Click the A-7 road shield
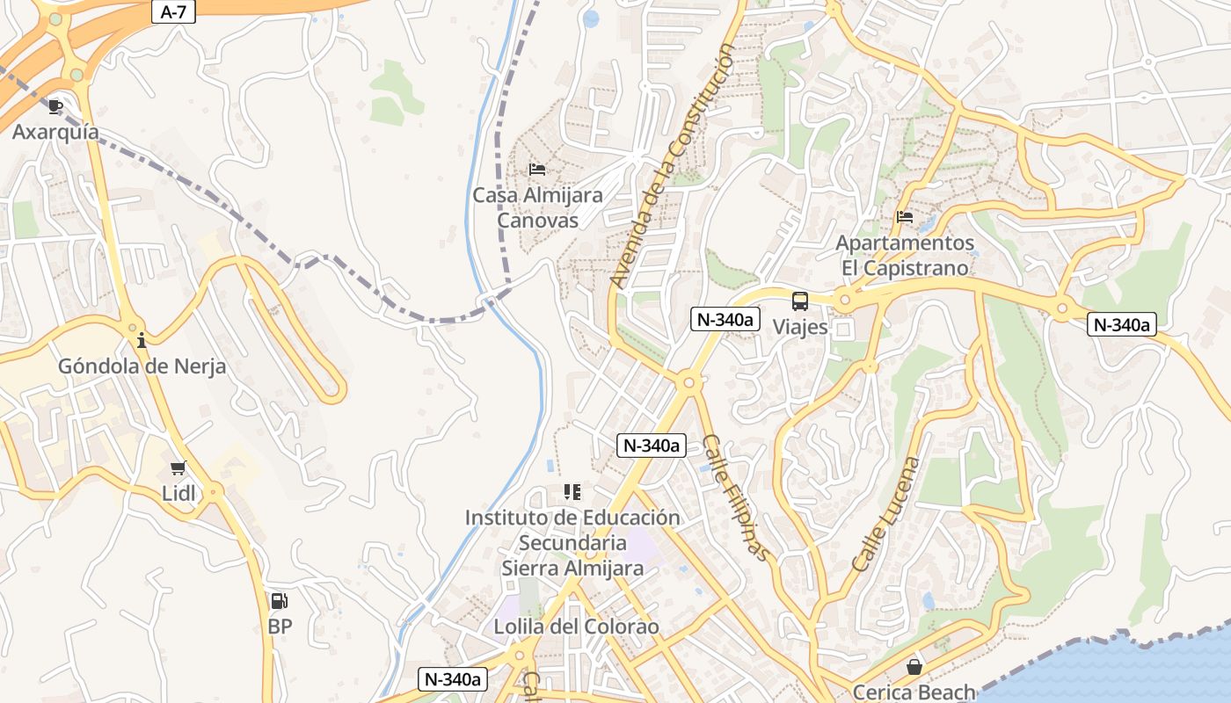173,11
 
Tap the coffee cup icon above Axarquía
55,107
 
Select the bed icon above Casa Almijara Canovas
537,169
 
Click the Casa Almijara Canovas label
538,207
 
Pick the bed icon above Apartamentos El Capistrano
905,216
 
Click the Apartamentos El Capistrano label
905,255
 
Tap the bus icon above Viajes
800,301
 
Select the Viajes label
800,327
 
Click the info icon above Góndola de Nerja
141,340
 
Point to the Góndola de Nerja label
142,366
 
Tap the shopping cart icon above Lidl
178,467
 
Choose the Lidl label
178,493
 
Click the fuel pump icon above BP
280,601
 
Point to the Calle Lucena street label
886,514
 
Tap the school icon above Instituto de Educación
572,492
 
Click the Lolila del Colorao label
576,627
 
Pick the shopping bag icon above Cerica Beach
914,667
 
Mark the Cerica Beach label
914,692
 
